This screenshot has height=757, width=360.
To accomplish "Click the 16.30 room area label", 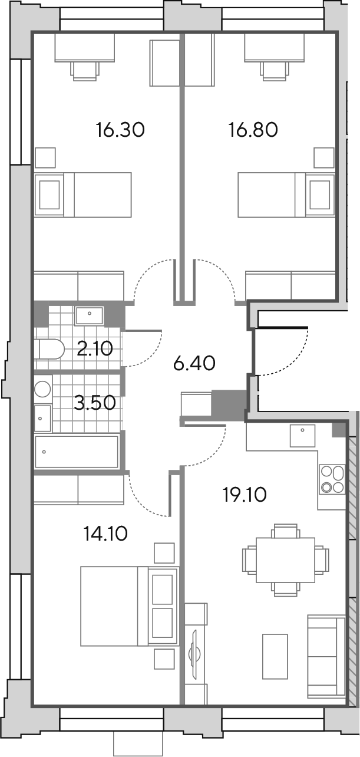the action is click(120, 130).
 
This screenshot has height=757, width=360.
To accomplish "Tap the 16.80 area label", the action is click(253, 130).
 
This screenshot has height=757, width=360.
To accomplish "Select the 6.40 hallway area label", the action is click(194, 364).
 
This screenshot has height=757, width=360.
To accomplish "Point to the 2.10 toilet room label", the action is click(94, 348).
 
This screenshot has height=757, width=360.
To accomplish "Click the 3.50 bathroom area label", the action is click(94, 403).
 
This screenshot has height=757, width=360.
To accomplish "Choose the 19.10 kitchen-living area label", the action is click(245, 495).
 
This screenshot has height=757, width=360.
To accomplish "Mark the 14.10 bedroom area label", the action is click(105, 534).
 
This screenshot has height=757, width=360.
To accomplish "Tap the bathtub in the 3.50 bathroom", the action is click(77, 452).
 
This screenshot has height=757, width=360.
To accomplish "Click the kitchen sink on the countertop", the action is click(303, 436).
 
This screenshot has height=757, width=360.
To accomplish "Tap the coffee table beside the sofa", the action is click(275, 656).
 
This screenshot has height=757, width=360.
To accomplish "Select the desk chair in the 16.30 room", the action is click(85, 71).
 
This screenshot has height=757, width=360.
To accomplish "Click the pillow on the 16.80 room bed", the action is click(320, 195).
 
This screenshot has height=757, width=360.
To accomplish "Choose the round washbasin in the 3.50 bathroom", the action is click(42, 389).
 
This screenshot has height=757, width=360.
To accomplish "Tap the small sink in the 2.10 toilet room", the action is click(89, 316).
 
